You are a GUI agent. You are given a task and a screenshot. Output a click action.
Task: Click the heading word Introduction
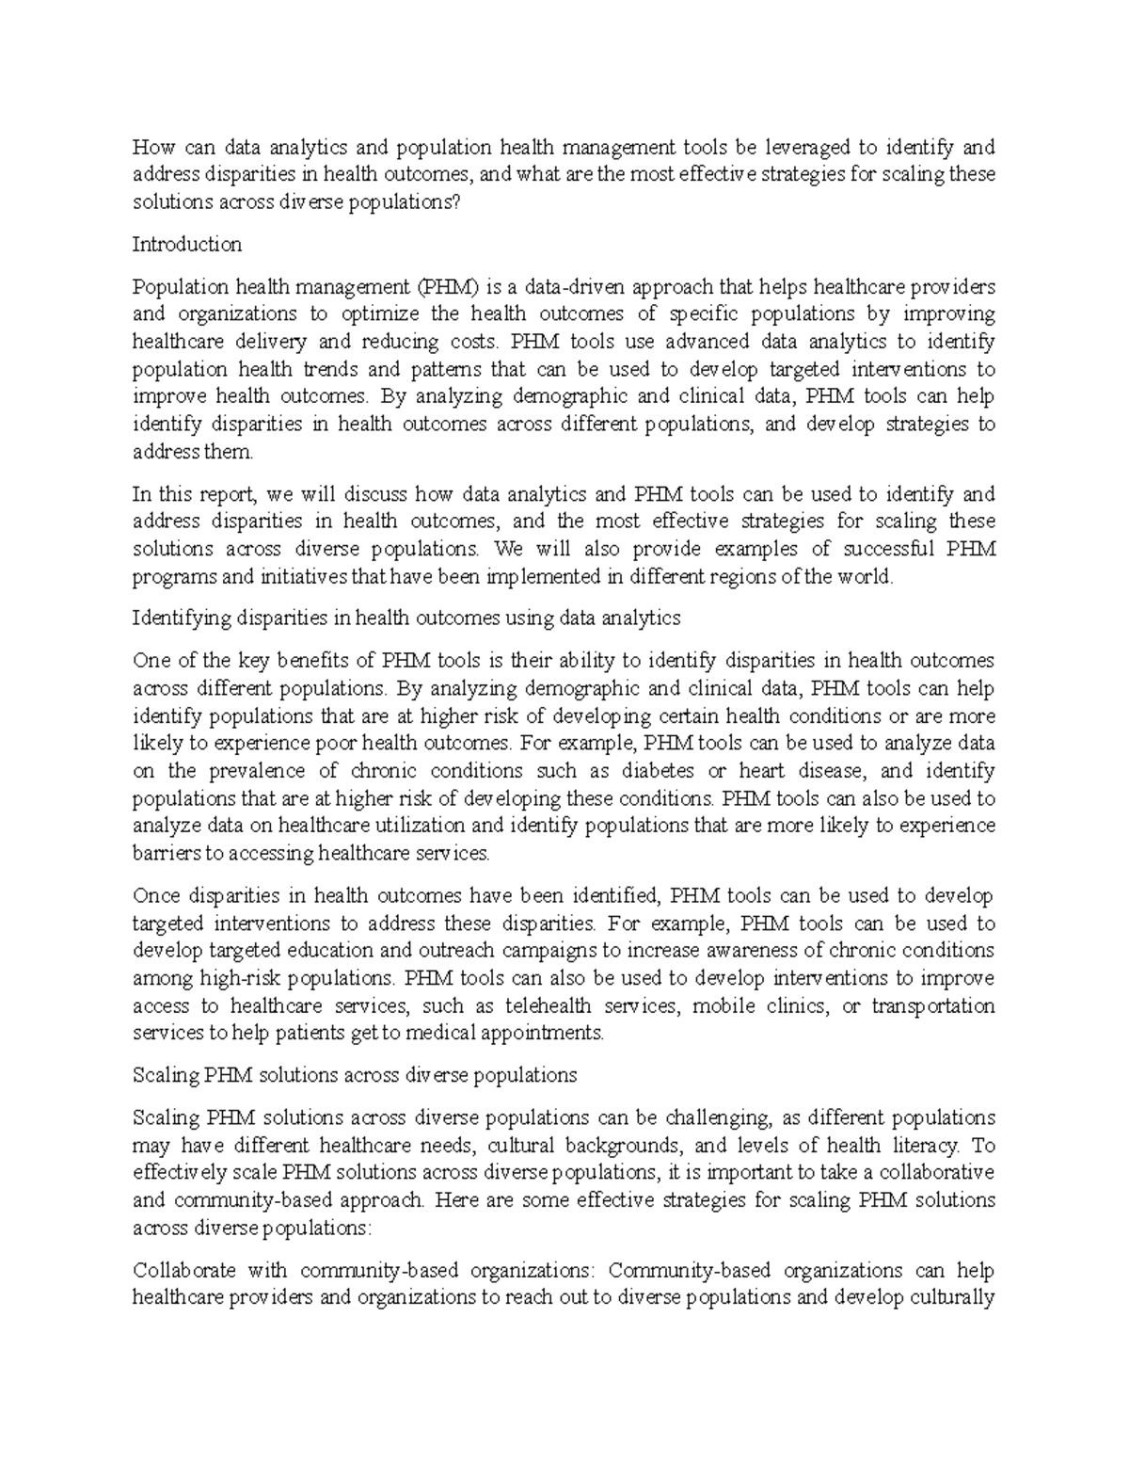point(187,245)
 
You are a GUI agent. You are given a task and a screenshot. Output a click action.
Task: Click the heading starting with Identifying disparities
point(406,619)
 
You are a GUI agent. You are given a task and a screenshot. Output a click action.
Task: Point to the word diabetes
point(658,771)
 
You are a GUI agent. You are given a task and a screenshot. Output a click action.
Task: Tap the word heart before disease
point(762,771)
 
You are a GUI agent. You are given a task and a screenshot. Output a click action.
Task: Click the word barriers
point(168,854)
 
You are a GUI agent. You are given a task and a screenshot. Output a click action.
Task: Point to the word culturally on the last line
point(949,1298)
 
